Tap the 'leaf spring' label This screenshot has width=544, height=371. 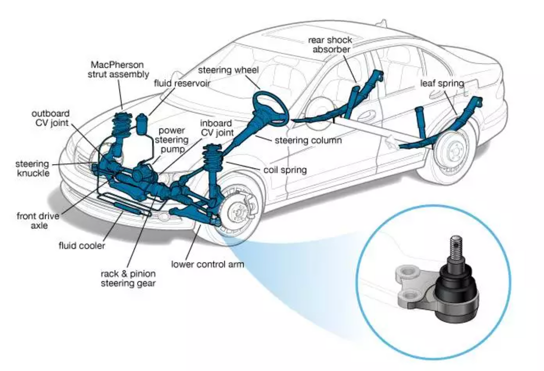click(x=442, y=83)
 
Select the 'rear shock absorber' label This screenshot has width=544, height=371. click(x=330, y=45)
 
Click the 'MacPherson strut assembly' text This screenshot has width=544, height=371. click(x=118, y=69)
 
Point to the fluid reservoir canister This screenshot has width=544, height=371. click(x=141, y=125)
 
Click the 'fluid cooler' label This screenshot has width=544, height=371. click(x=82, y=245)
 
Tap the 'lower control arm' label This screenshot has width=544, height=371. click(x=207, y=264)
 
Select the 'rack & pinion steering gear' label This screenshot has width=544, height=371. click(x=128, y=278)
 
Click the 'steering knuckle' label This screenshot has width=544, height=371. click(x=33, y=168)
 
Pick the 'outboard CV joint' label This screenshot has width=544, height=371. click(x=51, y=118)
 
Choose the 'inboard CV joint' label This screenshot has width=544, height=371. click(x=217, y=128)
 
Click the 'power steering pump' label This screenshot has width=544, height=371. click(x=172, y=140)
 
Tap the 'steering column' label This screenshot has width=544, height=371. click(x=308, y=140)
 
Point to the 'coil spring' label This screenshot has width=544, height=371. click(x=285, y=170)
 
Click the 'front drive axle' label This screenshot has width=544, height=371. click(x=38, y=221)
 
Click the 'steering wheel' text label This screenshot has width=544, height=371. click(x=228, y=70)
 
